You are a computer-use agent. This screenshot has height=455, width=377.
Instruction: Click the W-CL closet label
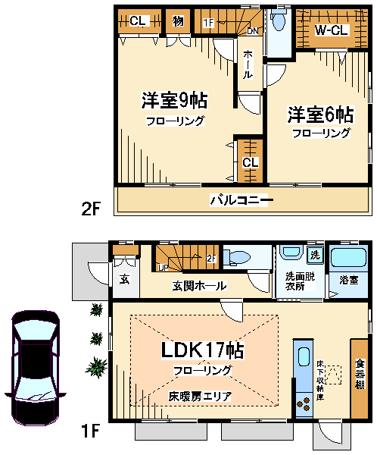(332, 30)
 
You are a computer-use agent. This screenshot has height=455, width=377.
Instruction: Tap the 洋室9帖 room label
(174, 101)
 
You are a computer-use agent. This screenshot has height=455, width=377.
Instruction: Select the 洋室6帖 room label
(320, 115)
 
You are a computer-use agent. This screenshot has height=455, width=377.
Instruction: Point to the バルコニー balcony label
(241, 200)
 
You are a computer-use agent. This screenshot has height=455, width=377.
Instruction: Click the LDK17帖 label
(202, 350)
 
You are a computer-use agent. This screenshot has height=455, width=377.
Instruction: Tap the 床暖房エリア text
(200, 397)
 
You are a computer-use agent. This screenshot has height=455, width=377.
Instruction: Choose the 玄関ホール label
(199, 286)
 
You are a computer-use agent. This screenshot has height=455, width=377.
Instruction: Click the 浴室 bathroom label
(348, 280)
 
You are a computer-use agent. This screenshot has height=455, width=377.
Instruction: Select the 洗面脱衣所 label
(300, 281)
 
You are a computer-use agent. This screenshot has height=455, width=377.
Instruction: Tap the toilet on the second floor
(279, 20)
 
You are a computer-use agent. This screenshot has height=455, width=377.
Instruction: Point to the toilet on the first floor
(237, 258)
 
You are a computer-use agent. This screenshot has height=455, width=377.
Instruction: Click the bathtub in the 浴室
(348, 258)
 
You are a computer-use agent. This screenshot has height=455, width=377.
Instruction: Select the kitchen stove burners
(304, 404)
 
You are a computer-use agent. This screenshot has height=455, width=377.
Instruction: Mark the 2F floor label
(91, 209)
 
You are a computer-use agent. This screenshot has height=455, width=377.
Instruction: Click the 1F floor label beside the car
(91, 431)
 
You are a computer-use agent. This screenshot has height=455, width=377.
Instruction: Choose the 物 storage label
(178, 21)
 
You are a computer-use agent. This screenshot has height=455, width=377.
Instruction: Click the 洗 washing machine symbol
(315, 255)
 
